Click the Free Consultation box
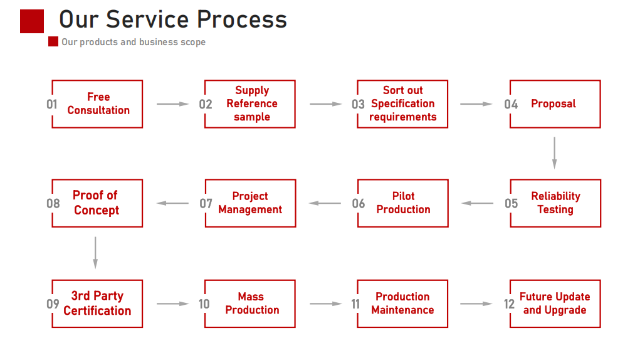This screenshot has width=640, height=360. pos(98,104)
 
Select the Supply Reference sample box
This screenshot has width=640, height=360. pos(251,104)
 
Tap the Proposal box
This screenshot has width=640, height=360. pos(555,104)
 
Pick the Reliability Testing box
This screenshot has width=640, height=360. pos(555,203)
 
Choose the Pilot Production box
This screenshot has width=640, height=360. pos(403,203)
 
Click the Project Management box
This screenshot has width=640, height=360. pos(251,203)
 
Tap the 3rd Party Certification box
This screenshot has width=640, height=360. pos(97,304)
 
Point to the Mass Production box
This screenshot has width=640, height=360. pos(251,304)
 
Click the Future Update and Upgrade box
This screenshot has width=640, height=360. pos(555,304)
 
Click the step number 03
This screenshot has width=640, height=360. pos(358,105)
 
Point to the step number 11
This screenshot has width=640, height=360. pos(355,304)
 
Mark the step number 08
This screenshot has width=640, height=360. pos(53,203)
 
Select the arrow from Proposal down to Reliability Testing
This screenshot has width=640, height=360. pos(554,153)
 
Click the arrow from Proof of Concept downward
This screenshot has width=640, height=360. pos(95,253)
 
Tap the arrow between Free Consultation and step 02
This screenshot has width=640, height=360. pos(172,104)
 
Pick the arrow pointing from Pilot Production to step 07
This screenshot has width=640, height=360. pos(325,203)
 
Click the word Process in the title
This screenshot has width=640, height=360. pos(242,19)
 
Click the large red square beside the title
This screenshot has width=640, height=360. pos(32,21)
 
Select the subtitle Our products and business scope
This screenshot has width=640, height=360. pos(133,42)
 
